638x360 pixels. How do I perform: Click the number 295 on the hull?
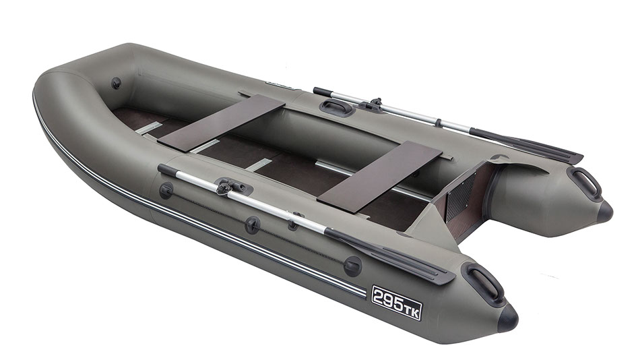coord(388,299)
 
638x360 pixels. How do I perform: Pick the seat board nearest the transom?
coord(380,177)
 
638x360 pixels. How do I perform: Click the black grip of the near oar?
coord(168,171)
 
